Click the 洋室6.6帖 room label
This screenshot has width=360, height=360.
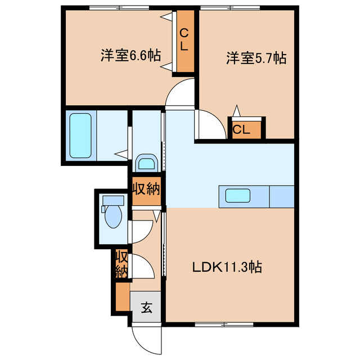coord(130,56)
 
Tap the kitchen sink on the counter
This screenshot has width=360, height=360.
coord(237,196)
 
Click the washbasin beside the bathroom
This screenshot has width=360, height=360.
coord(147,164)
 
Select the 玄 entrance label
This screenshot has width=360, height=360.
coord(146,308)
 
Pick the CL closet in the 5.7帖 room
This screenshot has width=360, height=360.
coord(243,129)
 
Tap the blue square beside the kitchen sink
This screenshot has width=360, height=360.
coord(282,196)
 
